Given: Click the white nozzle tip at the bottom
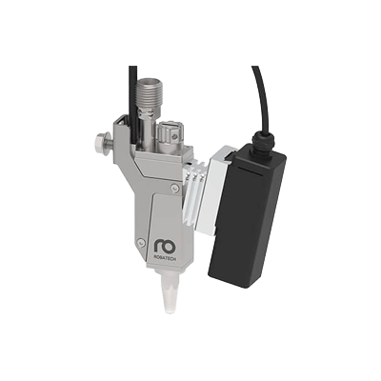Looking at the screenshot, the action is tap(171, 291).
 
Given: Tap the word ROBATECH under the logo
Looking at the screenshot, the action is tap(166, 258).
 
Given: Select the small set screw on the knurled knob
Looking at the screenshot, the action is tap(172, 136).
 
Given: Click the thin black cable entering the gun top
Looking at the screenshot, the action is tap(133, 102).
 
